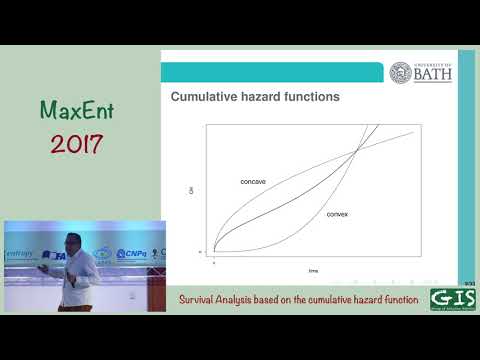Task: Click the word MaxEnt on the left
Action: coord(72,109)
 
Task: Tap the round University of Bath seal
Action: coord(400,73)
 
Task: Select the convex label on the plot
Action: coord(337,214)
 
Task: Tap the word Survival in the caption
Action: coord(203,299)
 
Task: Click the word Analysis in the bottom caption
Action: coord(247,299)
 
